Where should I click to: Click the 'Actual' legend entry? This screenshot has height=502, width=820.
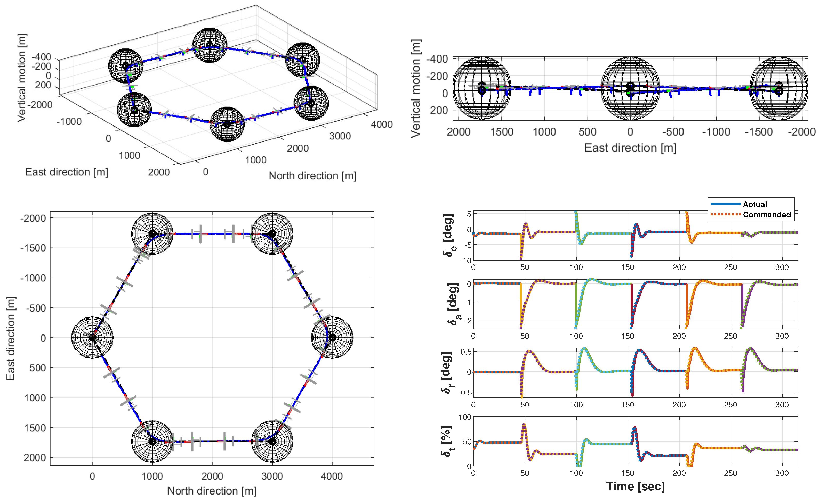click(754, 204)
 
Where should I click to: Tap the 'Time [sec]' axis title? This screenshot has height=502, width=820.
click(635, 486)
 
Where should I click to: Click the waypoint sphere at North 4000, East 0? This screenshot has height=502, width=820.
click(332, 337)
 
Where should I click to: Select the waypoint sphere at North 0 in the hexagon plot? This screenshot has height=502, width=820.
click(92, 337)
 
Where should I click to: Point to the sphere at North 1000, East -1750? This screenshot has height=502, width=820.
click(152, 234)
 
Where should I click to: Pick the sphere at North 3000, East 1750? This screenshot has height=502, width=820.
click(272, 441)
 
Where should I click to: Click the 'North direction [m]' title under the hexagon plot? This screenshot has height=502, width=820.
click(212, 491)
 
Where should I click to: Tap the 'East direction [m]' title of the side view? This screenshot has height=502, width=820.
click(630, 148)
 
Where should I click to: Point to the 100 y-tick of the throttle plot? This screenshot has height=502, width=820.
click(465, 417)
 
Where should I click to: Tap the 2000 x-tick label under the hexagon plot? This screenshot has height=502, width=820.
click(212, 476)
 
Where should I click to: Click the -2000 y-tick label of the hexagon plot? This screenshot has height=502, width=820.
click(33, 219)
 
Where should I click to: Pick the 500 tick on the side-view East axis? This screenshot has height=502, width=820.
click(587, 132)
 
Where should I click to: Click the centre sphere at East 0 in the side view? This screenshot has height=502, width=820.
click(630, 88)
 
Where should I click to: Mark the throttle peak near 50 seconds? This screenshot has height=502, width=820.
click(524, 425)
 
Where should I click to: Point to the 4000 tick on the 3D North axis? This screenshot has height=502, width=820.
click(381, 124)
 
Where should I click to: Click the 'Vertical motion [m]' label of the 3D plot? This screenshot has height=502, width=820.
click(21, 78)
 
